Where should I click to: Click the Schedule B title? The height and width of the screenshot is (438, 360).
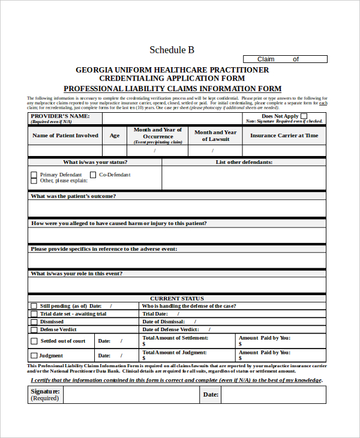[172, 50]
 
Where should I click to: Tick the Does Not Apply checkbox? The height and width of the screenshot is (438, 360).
[304, 116]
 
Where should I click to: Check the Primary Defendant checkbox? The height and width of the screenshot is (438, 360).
[34, 175]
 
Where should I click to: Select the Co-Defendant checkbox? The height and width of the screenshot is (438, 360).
[92, 175]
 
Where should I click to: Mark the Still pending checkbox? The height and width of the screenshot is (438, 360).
[34, 305]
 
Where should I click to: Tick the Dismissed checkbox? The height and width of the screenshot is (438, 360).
[34, 322]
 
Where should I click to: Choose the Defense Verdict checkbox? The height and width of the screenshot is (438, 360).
[34, 329]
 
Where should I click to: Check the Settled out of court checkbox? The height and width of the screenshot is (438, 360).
[34, 341]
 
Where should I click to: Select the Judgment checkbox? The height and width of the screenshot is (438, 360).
[34, 356]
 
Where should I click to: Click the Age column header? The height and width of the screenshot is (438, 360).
[114, 136]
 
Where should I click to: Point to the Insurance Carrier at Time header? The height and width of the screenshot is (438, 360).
[284, 136]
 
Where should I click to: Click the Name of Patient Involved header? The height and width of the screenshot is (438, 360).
[65, 136]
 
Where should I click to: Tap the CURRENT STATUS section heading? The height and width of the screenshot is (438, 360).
[176, 298]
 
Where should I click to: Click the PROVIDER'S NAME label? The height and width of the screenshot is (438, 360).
[60, 116]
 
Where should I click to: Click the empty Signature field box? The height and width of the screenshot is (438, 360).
[130, 395]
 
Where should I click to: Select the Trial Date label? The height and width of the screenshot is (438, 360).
[154, 314]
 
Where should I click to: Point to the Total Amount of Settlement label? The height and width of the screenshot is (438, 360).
[175, 337]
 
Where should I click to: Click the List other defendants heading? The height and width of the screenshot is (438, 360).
[244, 162]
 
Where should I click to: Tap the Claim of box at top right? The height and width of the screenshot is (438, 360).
[285, 59]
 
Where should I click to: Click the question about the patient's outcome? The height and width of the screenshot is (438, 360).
[73, 196]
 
